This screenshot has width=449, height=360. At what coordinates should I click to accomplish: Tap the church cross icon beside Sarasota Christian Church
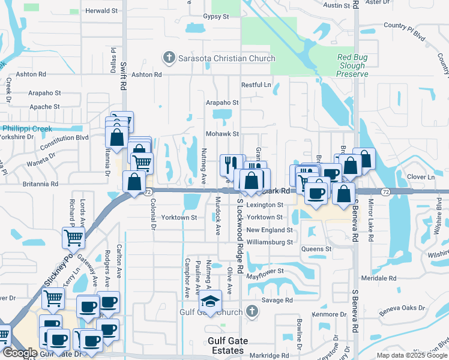coord(169,58)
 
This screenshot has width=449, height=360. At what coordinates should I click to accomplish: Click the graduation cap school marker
coord(211,301)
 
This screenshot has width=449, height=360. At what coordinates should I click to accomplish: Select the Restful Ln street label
coord(256,85)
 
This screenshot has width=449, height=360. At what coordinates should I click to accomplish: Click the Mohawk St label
coord(223,134)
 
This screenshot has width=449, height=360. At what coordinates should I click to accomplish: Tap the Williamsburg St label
coord(270,242)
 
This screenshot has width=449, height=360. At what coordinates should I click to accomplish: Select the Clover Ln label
coord(421,177)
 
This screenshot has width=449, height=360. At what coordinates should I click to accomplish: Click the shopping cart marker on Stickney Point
coord(73,238)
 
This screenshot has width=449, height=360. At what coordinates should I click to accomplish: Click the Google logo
coord(19,353)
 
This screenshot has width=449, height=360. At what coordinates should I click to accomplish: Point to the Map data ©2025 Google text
coord(411,355)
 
